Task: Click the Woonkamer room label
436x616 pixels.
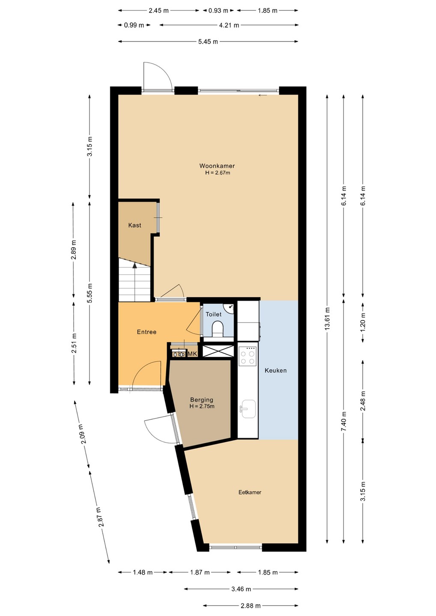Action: point(217,166)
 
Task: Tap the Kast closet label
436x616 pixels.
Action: point(134,225)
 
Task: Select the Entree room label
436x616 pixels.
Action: point(146,332)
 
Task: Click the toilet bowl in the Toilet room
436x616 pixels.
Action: point(218,329)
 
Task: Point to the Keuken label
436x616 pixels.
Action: point(275,370)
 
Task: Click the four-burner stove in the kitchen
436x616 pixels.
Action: point(248,356)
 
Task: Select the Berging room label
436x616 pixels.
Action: point(202,400)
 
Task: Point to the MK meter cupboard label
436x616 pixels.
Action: point(192,354)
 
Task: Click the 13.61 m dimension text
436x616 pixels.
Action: point(327,319)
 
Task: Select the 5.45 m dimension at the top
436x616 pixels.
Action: point(208,41)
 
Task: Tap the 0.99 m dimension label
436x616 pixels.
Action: point(134,25)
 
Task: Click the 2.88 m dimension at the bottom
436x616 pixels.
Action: point(251,606)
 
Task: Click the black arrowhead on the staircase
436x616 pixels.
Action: point(134,265)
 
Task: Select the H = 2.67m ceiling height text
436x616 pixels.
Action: point(218,173)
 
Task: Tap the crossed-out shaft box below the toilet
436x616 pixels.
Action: point(218,351)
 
